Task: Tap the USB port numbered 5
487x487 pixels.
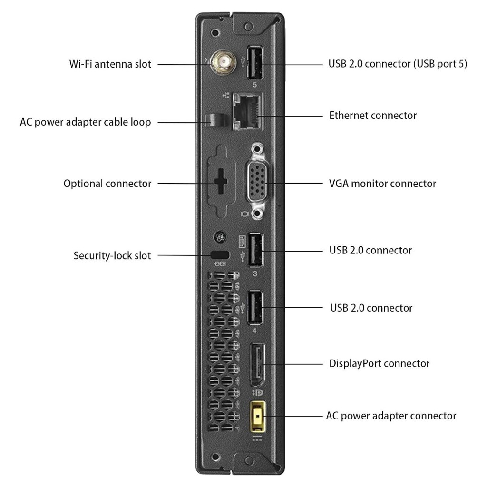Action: coord(254,63)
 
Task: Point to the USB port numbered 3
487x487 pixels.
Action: coord(254,250)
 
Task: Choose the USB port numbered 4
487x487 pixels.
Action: coord(255,307)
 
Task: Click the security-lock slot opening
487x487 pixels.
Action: coord(220,255)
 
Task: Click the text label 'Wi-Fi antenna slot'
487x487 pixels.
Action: coord(110,64)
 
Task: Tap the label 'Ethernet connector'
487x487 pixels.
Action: coord(373,115)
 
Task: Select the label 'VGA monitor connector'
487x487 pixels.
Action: coord(382,183)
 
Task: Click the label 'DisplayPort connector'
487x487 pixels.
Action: coord(379,364)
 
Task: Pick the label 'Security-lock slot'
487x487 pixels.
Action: coord(112,255)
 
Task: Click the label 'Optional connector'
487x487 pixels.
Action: coord(107,183)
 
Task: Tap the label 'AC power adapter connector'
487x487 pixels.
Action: coord(391,416)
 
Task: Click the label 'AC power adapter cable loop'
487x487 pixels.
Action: coord(86,122)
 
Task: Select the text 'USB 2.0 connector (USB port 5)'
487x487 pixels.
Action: coord(398,64)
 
